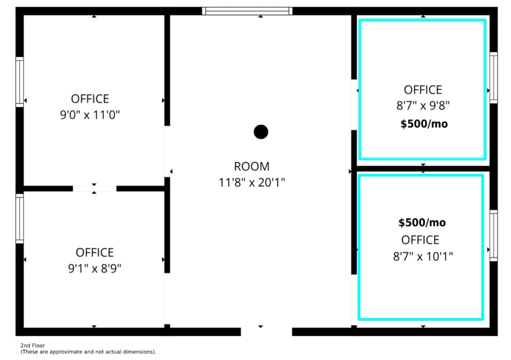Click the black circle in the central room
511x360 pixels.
click(x=261, y=132)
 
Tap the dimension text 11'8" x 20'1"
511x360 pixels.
click(x=252, y=183)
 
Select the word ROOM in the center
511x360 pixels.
click(x=252, y=166)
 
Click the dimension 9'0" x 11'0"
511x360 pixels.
click(x=90, y=115)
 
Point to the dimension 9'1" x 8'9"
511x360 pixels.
click(x=95, y=269)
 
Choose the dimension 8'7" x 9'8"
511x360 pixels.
click(x=423, y=106)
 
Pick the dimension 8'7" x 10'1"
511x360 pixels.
click(x=423, y=256)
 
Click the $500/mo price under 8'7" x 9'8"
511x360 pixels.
click(x=424, y=124)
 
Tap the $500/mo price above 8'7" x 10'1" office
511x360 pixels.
click(x=422, y=223)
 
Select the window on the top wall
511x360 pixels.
click(x=247, y=11)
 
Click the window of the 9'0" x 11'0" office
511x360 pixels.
click(x=19, y=82)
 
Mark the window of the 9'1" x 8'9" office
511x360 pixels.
click(x=19, y=219)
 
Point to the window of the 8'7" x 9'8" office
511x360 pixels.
click(x=493, y=78)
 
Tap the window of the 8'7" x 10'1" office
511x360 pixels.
click(x=493, y=236)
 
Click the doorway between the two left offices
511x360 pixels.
click(x=94, y=189)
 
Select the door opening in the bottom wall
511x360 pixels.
click(x=266, y=331)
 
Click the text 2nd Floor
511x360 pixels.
click(x=33, y=345)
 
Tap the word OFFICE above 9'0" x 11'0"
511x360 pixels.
click(x=90, y=99)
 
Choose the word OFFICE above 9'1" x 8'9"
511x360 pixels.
click(x=95, y=253)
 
